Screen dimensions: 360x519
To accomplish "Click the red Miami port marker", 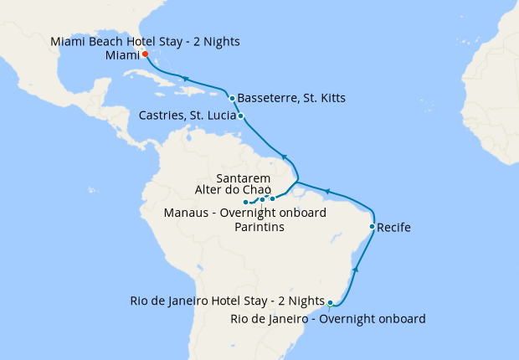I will coord(145,54).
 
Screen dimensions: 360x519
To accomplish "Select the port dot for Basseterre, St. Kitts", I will coord(232,98).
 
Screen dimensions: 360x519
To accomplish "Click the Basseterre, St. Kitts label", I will coord(291,98).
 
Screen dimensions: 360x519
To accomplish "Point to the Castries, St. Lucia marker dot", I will coord(241,116).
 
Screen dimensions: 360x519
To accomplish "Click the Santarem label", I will coord(243,178).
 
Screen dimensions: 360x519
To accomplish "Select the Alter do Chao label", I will coord(232,190).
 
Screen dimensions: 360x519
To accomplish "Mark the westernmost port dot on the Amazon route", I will coord(245,203).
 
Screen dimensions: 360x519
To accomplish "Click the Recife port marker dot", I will coord(372,226).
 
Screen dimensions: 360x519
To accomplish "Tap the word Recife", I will coord(394,227).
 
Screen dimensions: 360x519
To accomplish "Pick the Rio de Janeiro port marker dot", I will coord(331,302).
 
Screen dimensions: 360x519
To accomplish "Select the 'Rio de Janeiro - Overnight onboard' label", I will coord(327,319).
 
